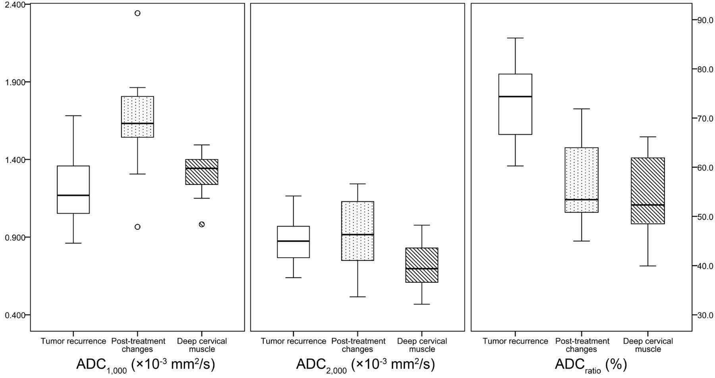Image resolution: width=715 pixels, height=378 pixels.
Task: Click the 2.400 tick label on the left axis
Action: (x=14, y=4)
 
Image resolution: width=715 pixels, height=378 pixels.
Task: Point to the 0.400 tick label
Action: (x=14, y=315)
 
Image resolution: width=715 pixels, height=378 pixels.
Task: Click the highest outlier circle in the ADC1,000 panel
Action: (x=137, y=13)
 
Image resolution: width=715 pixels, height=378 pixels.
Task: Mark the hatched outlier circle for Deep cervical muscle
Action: (x=202, y=224)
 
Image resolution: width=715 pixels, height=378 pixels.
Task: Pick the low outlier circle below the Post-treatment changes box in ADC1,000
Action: (x=137, y=227)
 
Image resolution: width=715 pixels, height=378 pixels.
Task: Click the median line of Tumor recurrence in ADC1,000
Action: (x=73, y=195)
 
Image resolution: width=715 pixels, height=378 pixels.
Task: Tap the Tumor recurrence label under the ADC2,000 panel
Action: (x=293, y=341)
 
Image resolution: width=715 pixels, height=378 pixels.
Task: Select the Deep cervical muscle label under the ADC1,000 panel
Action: (x=202, y=345)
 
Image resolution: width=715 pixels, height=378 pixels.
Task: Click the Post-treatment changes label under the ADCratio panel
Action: (x=582, y=345)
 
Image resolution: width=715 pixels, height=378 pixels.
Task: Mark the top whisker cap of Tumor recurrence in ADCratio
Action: (x=515, y=38)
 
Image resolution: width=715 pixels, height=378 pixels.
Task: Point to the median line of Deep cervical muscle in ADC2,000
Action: (x=421, y=269)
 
